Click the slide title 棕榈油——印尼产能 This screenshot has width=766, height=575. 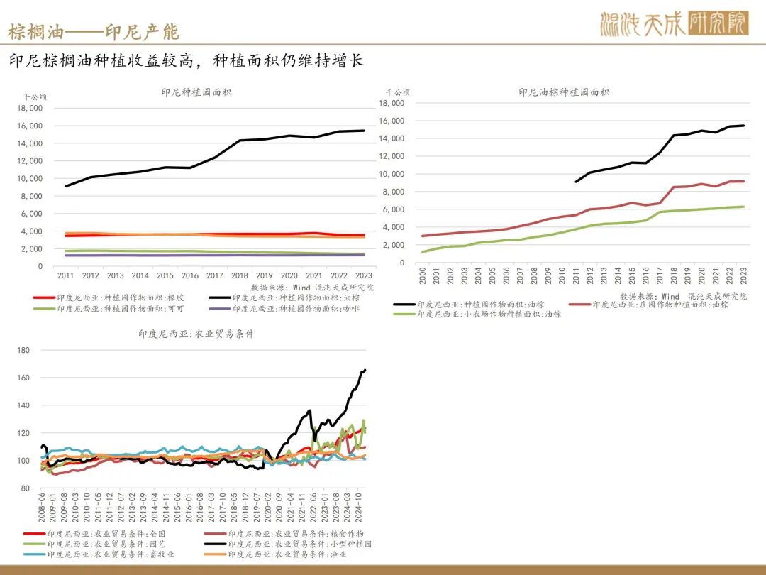pos(93,32)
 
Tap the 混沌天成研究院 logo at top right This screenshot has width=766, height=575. pos(673,24)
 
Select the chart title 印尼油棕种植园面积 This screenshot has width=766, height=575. pos(564,92)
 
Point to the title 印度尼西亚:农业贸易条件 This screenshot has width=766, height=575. pos(196,334)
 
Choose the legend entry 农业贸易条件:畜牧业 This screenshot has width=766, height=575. pos(114,554)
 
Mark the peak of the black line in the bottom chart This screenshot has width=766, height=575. pos(365,370)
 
